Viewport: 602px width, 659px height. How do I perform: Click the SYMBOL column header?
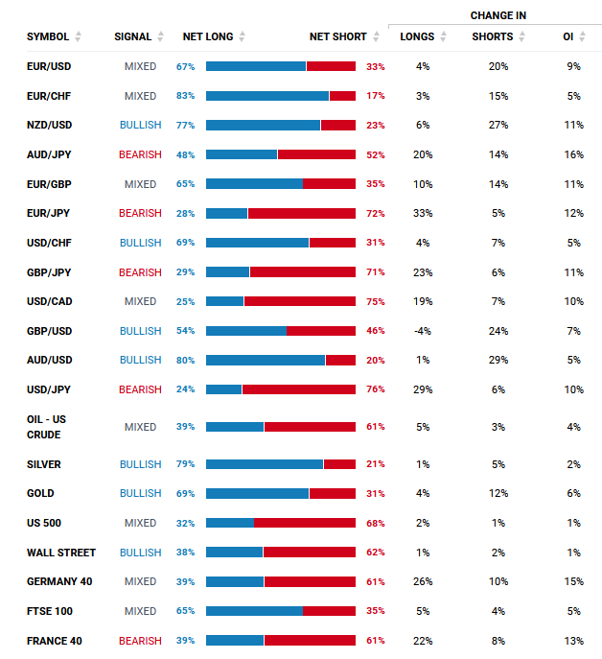click(x=47, y=36)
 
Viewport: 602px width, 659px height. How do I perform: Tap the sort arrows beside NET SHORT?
click(x=377, y=36)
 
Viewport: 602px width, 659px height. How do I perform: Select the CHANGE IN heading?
click(x=498, y=15)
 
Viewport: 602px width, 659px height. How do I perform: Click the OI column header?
click(x=568, y=36)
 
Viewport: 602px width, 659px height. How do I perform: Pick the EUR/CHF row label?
click(x=49, y=96)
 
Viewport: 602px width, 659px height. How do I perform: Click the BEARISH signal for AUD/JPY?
click(x=140, y=154)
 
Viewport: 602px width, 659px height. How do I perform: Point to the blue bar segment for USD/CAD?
click(x=224, y=301)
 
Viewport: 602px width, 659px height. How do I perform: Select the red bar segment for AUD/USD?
click(x=340, y=360)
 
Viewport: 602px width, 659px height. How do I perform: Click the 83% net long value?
click(x=185, y=96)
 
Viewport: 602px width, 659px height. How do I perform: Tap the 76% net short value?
click(x=376, y=389)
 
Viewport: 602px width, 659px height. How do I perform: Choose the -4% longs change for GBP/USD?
click(x=423, y=331)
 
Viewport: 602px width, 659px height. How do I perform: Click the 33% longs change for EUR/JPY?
click(x=423, y=213)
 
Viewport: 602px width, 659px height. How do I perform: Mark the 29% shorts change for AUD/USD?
click(x=498, y=360)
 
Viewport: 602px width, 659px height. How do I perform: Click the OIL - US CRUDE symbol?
click(x=46, y=427)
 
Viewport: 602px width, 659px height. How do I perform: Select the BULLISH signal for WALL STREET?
click(x=140, y=553)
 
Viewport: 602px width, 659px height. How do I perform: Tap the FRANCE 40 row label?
click(x=54, y=640)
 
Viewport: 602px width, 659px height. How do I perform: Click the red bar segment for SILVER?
click(x=339, y=464)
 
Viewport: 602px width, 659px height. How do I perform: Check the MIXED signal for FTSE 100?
click(x=140, y=611)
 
